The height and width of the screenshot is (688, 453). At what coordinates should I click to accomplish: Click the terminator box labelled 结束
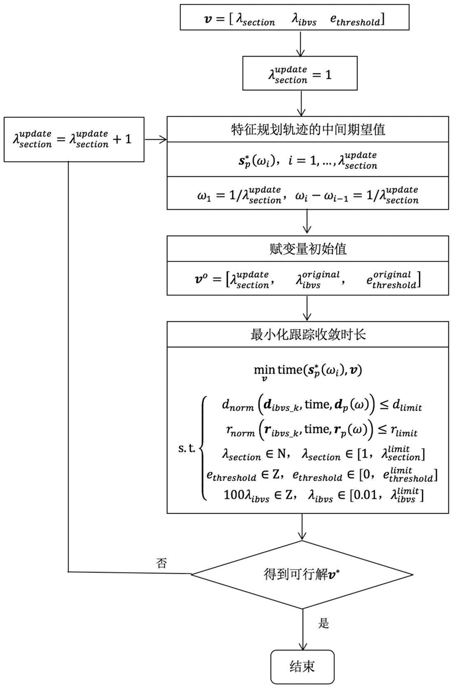302,666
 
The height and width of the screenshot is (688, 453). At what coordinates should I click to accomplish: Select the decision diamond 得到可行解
302,573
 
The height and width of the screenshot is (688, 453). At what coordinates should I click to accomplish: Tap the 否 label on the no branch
162,563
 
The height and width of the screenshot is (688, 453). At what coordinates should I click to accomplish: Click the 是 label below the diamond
324,623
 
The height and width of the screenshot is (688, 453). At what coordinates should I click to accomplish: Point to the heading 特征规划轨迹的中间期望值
308,130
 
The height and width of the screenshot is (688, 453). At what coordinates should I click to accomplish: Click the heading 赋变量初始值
308,249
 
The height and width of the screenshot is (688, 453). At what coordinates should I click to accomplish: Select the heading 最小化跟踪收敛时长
308,335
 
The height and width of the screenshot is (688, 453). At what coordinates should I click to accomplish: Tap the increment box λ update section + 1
74,139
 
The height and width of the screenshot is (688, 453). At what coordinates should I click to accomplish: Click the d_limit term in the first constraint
405,406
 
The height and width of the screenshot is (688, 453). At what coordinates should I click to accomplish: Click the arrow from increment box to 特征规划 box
156,139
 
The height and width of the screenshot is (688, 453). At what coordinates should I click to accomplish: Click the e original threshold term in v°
393,279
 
